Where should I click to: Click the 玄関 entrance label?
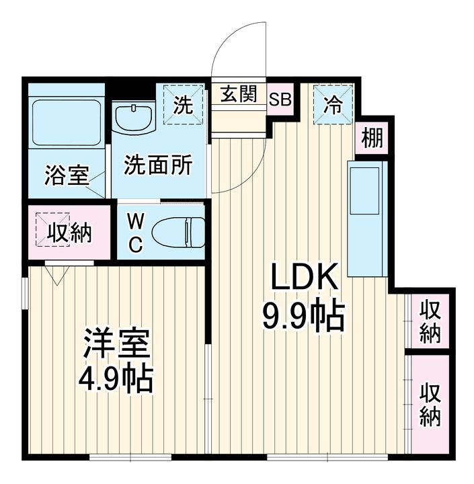[239, 93]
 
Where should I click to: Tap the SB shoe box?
[280, 99]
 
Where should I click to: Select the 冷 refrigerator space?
[333, 104]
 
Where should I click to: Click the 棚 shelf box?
[372, 138]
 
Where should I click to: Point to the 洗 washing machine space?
[183, 104]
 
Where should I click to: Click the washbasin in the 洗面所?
[133, 118]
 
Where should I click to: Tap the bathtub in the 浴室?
[67, 122]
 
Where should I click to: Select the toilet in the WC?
[178, 233]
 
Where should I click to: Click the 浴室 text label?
[67, 175]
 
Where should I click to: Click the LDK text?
[303, 276]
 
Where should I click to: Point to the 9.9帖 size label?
[303, 316]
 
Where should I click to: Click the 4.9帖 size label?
[116, 378]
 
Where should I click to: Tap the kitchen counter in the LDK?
[367, 218]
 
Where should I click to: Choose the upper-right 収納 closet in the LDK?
[430, 321]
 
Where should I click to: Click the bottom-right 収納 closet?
[430, 404]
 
